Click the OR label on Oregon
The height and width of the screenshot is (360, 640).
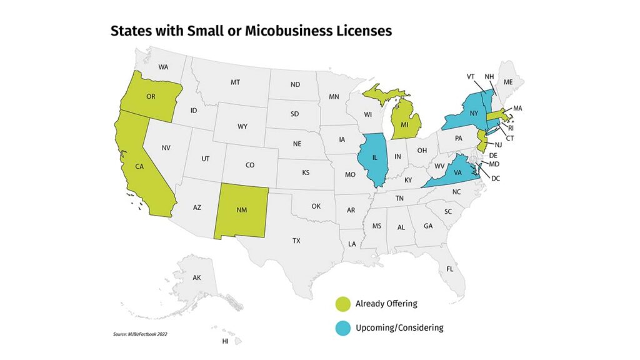pos(151,97)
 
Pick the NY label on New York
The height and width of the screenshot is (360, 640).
pos(474,114)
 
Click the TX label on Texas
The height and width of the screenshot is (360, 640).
pos(296,240)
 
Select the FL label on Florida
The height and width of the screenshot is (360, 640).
pos(449,269)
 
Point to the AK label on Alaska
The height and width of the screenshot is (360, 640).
pos(197,277)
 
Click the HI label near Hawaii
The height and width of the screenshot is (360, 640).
pos(225,342)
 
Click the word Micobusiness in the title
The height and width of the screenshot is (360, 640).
pos(274,31)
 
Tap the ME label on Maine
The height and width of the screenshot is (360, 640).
pos(507,81)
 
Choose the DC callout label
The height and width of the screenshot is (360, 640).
pos(496,178)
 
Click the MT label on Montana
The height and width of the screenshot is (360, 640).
pos(235,82)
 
